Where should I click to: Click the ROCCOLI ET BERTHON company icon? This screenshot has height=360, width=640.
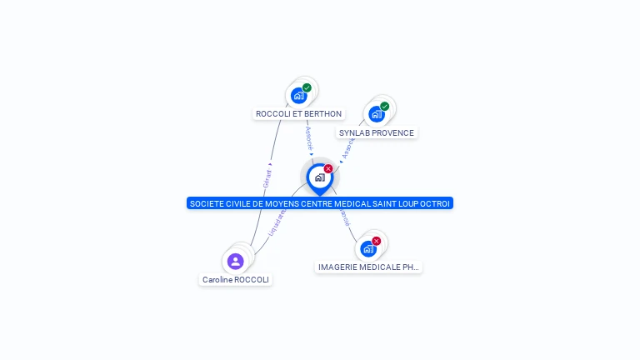pyautogui.click(x=298, y=95)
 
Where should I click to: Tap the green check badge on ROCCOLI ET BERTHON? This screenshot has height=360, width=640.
pyautogui.click(x=307, y=87)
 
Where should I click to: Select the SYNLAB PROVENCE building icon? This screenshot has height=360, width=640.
pyautogui.click(x=376, y=114)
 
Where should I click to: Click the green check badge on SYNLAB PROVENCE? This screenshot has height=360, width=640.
pyautogui.click(x=384, y=107)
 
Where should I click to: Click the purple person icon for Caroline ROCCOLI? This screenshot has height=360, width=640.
pyautogui.click(x=236, y=261)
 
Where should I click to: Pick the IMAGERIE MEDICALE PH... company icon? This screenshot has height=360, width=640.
pyautogui.click(x=367, y=248)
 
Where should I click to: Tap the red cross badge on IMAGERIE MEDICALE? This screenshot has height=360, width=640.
pyautogui.click(x=376, y=241)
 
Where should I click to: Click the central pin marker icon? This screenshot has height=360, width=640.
pyautogui.click(x=319, y=177)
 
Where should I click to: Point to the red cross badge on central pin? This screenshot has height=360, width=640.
pyautogui.click(x=328, y=169)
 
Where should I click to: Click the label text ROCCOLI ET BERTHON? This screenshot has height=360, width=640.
pyautogui.click(x=298, y=113)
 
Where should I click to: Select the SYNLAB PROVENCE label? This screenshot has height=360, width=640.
pyautogui.click(x=376, y=132)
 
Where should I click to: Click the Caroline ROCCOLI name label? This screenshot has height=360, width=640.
pyautogui.click(x=236, y=280)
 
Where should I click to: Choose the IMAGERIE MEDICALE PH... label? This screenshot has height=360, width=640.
pyautogui.click(x=368, y=267)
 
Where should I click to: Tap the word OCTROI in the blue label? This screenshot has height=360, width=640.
pyautogui.click(x=436, y=203)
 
